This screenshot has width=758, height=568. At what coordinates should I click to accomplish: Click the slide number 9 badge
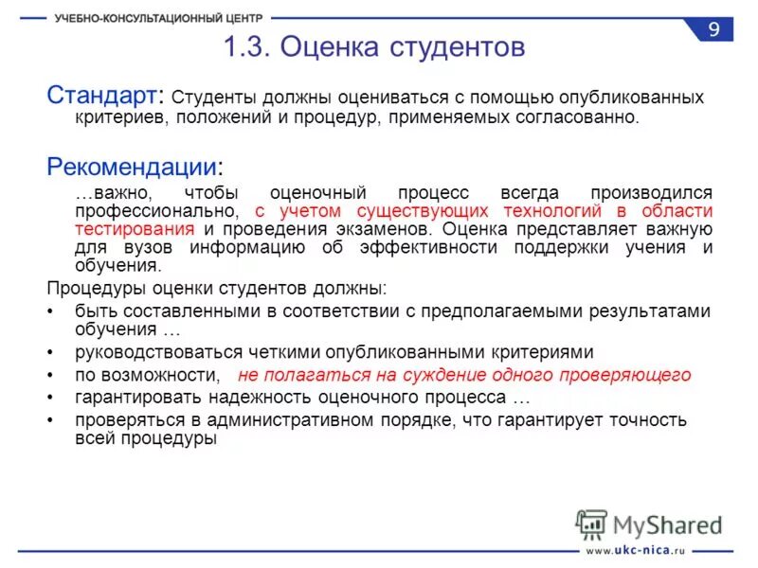[x=713, y=29]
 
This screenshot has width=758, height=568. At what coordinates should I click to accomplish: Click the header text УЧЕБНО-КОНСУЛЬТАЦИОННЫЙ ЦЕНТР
[x=159, y=18]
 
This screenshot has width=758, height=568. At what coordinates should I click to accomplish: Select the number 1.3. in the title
[x=248, y=47]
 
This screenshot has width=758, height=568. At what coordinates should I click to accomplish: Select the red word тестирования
[x=135, y=229]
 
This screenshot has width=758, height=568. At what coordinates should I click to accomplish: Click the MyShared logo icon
[x=591, y=524]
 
